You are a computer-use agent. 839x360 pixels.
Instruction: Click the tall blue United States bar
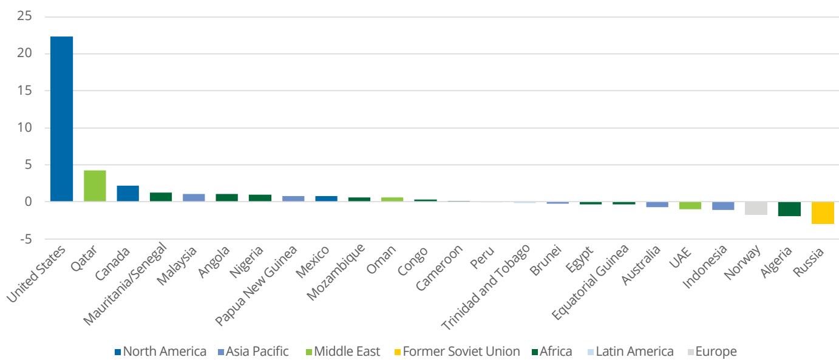61,119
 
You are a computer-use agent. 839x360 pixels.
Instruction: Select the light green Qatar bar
95,186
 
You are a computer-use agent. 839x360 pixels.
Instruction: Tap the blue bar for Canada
127,194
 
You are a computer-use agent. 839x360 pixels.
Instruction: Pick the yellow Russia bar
823,212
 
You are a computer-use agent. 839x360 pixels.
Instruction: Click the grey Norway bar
756,208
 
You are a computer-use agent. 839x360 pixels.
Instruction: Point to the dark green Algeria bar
790,209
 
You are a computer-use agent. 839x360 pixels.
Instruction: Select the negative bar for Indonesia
723,206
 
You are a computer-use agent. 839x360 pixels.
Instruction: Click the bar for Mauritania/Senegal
161,197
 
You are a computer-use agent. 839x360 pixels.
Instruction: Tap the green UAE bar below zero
690,205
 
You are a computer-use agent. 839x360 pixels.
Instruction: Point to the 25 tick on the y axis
24,16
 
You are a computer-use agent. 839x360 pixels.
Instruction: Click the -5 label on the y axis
26,239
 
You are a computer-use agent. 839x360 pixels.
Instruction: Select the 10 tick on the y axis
24,127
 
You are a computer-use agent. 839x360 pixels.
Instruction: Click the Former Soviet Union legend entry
457,352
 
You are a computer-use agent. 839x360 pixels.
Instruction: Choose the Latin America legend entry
630,352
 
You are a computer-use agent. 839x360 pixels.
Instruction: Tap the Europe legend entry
712,352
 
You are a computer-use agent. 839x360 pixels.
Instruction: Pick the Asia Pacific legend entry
253,352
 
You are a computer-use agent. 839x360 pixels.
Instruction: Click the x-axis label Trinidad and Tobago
486,287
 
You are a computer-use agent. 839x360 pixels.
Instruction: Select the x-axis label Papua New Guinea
256,285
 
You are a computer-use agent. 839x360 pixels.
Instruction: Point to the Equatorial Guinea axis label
590,282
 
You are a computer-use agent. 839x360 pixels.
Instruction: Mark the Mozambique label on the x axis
336,272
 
